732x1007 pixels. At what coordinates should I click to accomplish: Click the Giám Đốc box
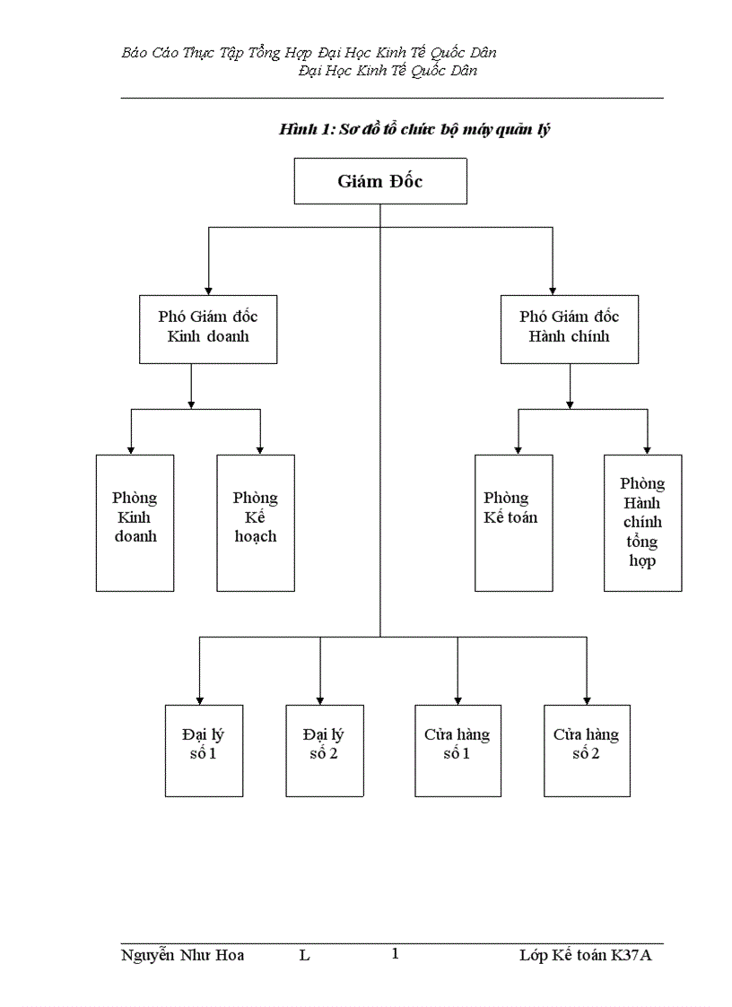pos(380,181)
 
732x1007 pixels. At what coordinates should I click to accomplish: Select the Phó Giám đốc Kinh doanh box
pos(208,328)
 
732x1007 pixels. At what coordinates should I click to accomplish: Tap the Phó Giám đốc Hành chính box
pos(569,328)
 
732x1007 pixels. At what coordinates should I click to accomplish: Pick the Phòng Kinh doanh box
pos(135,522)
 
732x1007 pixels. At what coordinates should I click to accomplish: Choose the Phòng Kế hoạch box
pos(256,522)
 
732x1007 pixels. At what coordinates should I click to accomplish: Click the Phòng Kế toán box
pos(513,522)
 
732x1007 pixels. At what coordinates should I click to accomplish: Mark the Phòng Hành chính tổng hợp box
pos(642,522)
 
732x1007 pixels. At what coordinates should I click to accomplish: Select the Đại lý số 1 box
pos(204,750)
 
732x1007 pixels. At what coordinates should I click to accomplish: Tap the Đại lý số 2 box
pos(324,750)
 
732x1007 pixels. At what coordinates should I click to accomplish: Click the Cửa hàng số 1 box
pos(457,750)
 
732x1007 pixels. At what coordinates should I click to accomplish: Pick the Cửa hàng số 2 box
pos(586,750)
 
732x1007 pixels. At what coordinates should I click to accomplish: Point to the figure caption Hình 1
pos(414,130)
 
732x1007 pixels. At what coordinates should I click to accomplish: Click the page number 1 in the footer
pos(395,954)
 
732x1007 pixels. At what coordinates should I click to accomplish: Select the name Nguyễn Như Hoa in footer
pos(182,955)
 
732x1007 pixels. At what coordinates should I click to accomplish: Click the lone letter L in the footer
pos(305,956)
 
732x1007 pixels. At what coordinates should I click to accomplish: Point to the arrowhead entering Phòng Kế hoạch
pos(260,449)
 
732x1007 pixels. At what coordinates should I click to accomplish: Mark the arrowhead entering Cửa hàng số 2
pos(586,699)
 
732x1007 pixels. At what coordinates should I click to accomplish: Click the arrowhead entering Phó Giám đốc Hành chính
pos(553,290)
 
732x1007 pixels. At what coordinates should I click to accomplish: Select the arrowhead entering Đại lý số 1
pos(199,699)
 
